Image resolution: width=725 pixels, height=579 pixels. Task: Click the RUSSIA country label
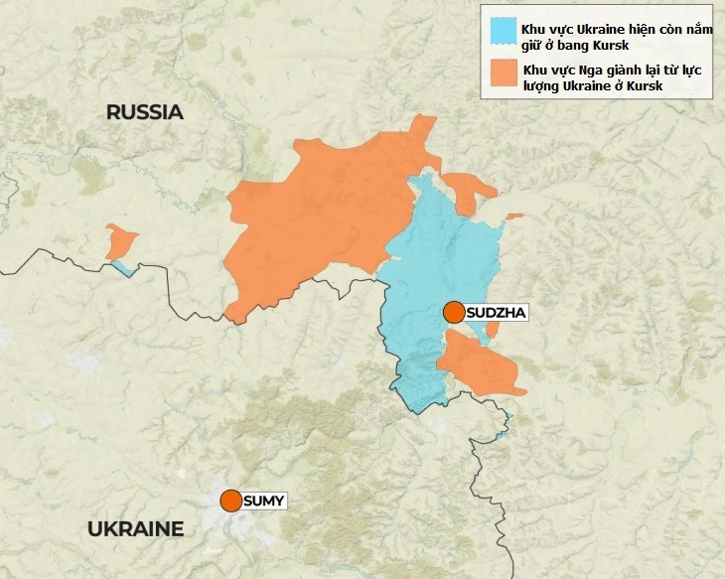pyautogui.click(x=145, y=112)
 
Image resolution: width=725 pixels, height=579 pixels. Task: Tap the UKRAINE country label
pyautogui.click(x=135, y=528)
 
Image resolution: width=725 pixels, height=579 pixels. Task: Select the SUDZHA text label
pyautogui.click(x=496, y=313)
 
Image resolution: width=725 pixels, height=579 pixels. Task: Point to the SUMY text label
pyautogui.click(x=264, y=501)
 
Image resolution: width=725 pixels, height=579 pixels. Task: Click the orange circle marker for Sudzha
pyautogui.click(x=454, y=312)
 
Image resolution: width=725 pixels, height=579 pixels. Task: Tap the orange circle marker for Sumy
pyautogui.click(x=231, y=501)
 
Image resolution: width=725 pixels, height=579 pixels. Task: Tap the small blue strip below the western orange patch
pyautogui.click(x=123, y=268)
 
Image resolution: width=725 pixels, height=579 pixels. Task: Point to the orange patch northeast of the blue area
pyautogui.click(x=467, y=189)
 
